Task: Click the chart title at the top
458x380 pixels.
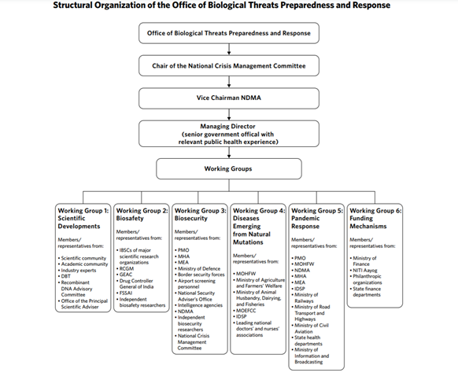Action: [x=228, y=6]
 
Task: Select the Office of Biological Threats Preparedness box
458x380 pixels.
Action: [x=228, y=33]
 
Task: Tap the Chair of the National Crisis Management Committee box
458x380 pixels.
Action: [x=228, y=66]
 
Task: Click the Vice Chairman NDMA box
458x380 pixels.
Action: [x=228, y=98]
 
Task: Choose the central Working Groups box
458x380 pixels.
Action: [x=228, y=168]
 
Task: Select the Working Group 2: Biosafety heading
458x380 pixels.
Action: [x=142, y=215]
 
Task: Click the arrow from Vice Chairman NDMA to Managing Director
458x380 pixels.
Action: [x=228, y=114]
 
